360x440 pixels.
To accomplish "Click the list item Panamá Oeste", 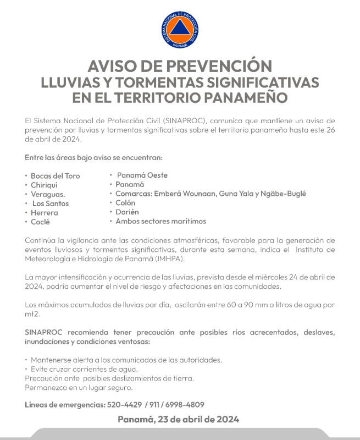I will tap(142, 175).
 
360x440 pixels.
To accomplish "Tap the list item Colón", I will tap(125, 203).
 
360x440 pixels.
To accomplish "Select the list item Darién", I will tap(127, 212).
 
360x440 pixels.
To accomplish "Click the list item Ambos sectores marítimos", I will tap(160, 221).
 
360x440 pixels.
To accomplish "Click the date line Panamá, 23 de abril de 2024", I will tap(178, 420).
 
